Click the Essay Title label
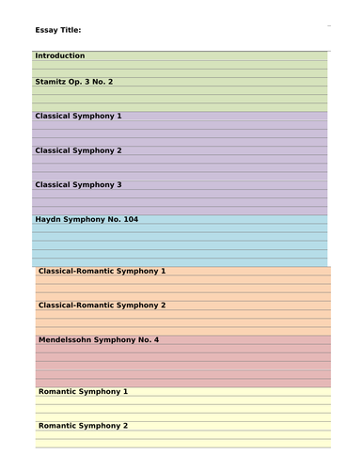pyautogui.click(x=58, y=30)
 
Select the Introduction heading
pyautogui.click(x=60, y=56)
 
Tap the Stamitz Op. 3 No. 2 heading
pyautogui.click(x=74, y=83)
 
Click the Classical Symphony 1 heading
pyautogui.click(x=78, y=117)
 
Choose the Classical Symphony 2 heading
pyautogui.click(x=78, y=150)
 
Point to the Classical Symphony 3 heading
pyautogui.click(x=78, y=185)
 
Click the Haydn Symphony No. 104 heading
pyautogui.click(x=87, y=220)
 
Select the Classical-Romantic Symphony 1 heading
pyautogui.click(x=103, y=271)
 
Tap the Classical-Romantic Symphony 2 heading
pyautogui.click(x=103, y=305)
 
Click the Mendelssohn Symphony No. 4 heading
pyautogui.click(x=99, y=339)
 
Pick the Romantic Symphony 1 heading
pyautogui.click(x=84, y=391)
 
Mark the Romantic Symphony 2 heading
pyautogui.click(x=84, y=426)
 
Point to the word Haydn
pyautogui.click(x=50, y=220)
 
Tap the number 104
pyautogui.click(x=130, y=220)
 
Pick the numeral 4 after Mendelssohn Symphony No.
pyautogui.click(x=156, y=339)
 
